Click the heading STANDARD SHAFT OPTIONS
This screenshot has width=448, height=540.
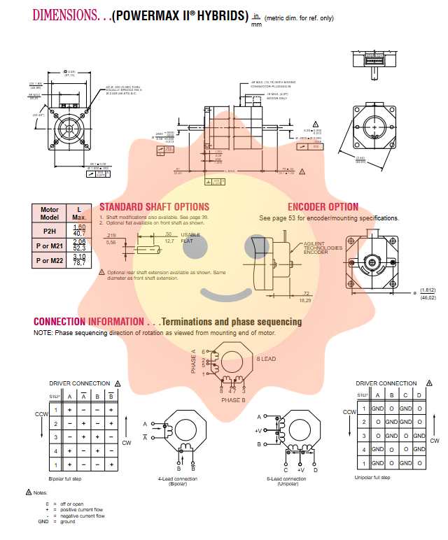pos(154,207)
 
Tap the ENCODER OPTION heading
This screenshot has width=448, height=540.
pos(323,207)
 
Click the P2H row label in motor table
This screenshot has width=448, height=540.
pos(49,231)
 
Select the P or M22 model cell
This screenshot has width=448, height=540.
pos(49,260)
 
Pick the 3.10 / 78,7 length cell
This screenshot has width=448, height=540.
pos(79,260)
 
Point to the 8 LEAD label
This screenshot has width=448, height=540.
pos(266,359)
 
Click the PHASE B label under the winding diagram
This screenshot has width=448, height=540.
pos(233,400)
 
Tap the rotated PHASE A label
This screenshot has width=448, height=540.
pos(194,362)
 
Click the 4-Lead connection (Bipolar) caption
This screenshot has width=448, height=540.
pos(177,481)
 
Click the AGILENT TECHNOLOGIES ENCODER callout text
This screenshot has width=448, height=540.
pos(323,248)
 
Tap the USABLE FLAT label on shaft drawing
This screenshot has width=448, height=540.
pos(191,238)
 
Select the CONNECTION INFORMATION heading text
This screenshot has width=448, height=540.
pos(89,322)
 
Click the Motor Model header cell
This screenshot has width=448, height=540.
pos(49,213)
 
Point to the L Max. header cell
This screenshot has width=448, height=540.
pos(79,213)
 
